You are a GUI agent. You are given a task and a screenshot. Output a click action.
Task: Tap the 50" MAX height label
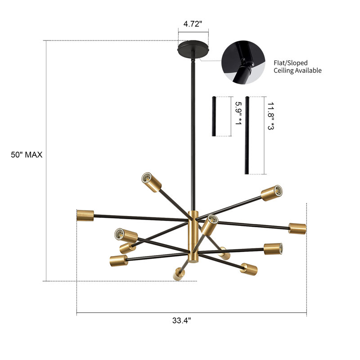[27, 155]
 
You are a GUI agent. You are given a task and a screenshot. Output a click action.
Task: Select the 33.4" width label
[181, 321]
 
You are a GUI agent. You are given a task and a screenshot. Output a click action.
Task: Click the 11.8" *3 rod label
[270, 116]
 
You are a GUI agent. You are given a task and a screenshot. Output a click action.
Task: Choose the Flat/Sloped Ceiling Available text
[297, 67]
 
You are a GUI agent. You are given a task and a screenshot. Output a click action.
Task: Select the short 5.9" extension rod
[214, 116]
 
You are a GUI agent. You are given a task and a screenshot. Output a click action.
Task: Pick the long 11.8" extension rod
[247, 135]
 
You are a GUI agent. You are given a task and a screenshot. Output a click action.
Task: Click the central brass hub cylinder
[193, 236]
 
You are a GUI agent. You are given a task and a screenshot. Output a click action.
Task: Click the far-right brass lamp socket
[297, 228]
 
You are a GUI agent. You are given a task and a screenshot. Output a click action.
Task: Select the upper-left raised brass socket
[151, 181]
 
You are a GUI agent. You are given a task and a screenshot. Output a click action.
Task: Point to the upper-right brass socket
[272, 192]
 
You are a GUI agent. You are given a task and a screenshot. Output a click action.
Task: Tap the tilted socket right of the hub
[209, 225]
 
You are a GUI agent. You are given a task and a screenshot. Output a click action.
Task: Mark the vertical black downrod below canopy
[193, 135]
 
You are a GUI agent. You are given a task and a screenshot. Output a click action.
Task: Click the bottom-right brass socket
[248, 270]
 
